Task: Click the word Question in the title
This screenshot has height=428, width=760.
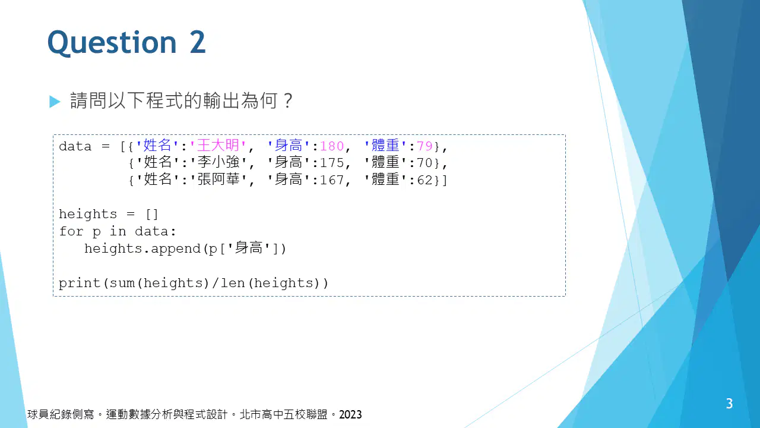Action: point(112,42)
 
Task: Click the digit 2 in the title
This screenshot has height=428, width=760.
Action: point(198,42)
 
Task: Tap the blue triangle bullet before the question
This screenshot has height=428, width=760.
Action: point(55,101)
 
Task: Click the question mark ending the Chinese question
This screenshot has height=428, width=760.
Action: point(288,100)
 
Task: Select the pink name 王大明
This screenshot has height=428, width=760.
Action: point(218,146)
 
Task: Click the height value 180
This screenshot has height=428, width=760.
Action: point(332,146)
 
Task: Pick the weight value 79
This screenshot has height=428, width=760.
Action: point(425,146)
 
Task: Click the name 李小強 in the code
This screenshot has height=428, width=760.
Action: point(218,162)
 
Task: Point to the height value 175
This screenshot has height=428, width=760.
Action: point(332,163)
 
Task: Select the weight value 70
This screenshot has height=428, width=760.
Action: point(425,163)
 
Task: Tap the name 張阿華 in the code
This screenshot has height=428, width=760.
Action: point(218,180)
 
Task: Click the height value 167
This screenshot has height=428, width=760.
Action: point(332,180)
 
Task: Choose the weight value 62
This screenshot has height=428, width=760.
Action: point(425,180)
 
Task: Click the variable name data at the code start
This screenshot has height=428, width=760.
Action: point(75,146)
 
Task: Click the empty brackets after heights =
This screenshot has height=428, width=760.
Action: point(151,215)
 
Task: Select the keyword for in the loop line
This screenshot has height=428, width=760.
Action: point(71,231)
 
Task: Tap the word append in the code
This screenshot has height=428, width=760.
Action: point(176,249)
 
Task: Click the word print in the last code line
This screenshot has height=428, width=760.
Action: point(80,284)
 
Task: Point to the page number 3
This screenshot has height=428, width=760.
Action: point(730,404)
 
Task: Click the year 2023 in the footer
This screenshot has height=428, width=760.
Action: point(350,415)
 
